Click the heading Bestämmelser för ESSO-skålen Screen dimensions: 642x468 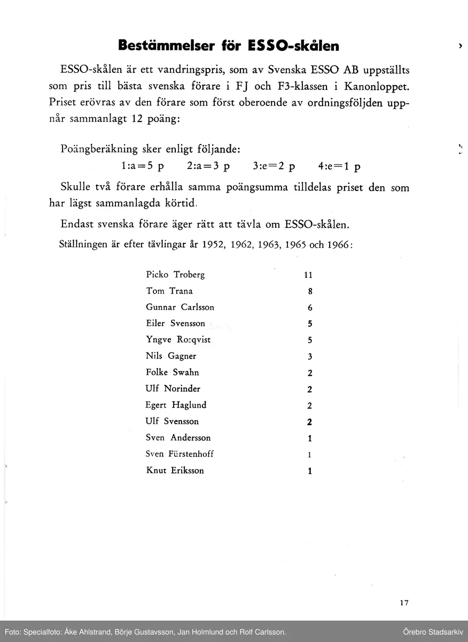(229, 45)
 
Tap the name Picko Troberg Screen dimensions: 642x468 (175, 275)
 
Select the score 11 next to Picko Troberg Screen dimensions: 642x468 (308, 276)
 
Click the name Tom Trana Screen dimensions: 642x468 (169, 291)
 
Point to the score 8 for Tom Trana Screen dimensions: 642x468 (310, 292)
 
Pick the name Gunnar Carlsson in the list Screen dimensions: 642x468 (180, 308)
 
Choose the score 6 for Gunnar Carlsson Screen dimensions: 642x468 (310, 308)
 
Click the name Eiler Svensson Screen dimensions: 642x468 (175, 324)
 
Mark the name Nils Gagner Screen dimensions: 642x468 (171, 356)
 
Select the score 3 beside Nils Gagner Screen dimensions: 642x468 (310, 357)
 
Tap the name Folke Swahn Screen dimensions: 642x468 (172, 372)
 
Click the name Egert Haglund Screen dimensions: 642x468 (176, 405)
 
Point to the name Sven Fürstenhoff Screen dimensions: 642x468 (180, 454)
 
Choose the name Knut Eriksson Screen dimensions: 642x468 (175, 471)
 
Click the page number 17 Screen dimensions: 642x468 (404, 603)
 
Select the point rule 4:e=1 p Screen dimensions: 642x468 (339, 166)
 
